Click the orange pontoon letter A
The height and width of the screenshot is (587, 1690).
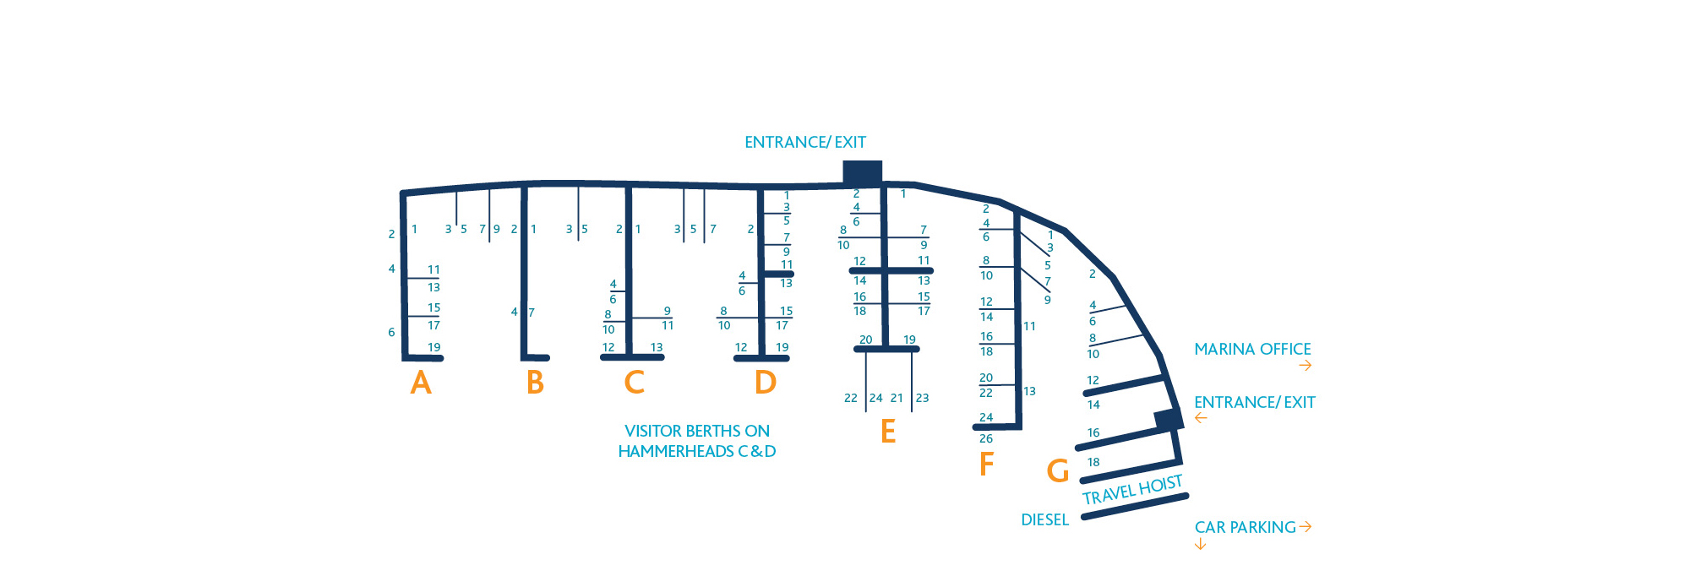pyautogui.click(x=421, y=383)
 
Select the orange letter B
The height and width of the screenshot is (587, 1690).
pyautogui.click(x=535, y=383)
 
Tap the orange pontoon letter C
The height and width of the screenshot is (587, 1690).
pyautogui.click(x=634, y=383)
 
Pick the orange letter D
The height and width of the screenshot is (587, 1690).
pyautogui.click(x=765, y=383)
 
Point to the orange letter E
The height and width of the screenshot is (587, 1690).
pyautogui.click(x=887, y=432)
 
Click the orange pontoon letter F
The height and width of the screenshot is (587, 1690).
pyautogui.click(x=986, y=464)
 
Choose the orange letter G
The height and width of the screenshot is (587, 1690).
pyautogui.click(x=1058, y=470)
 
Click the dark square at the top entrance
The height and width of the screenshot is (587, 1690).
pyautogui.click(x=863, y=172)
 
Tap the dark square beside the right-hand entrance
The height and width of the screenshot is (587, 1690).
pyautogui.click(x=1169, y=419)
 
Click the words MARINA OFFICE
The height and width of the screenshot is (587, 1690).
pyautogui.click(x=1252, y=349)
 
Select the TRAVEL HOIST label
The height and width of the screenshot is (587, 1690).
pyautogui.click(x=1132, y=489)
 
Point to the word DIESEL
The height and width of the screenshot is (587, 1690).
pyautogui.click(x=1044, y=519)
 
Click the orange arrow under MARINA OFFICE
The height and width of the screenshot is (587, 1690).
pyautogui.click(x=1306, y=366)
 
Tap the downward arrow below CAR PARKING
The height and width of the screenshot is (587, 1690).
pyautogui.click(x=1200, y=545)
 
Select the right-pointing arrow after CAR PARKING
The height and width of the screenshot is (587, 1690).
pyautogui.click(x=1306, y=526)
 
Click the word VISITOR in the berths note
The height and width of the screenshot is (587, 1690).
pyautogui.click(x=653, y=431)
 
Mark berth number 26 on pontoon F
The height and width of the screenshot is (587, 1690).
pyautogui.click(x=986, y=438)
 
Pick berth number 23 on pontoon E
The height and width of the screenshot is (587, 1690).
pyautogui.click(x=922, y=398)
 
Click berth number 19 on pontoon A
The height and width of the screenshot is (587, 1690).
pyautogui.click(x=433, y=347)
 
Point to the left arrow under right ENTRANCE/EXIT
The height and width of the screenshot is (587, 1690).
pyautogui.click(x=1201, y=418)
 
